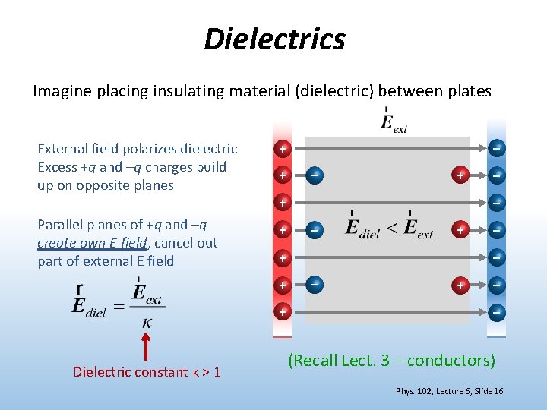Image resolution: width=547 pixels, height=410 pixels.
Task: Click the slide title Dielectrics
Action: [x=274, y=39]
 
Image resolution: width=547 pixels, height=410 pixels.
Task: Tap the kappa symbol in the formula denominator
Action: [x=147, y=323]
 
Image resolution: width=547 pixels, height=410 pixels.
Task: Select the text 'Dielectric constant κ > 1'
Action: [x=147, y=372]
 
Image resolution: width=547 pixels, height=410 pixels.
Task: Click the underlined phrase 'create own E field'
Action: [x=93, y=243]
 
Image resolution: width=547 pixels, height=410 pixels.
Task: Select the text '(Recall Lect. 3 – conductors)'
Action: [x=391, y=360]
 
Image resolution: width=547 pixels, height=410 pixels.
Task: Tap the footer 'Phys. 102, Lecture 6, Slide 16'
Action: [x=449, y=391]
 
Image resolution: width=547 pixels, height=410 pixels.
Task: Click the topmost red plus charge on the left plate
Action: [x=282, y=148]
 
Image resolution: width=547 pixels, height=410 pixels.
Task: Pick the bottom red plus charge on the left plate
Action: [x=282, y=312]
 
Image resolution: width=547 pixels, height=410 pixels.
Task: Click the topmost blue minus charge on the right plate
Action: [x=496, y=148]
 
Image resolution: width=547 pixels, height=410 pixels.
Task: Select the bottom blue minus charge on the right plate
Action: [x=496, y=312]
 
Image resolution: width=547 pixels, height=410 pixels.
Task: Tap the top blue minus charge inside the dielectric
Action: [x=313, y=175]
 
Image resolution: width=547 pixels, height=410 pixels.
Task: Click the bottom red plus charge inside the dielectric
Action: [x=460, y=285]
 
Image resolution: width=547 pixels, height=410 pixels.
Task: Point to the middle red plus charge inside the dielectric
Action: [x=460, y=229]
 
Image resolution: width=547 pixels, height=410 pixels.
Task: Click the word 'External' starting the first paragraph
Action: [x=63, y=149]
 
